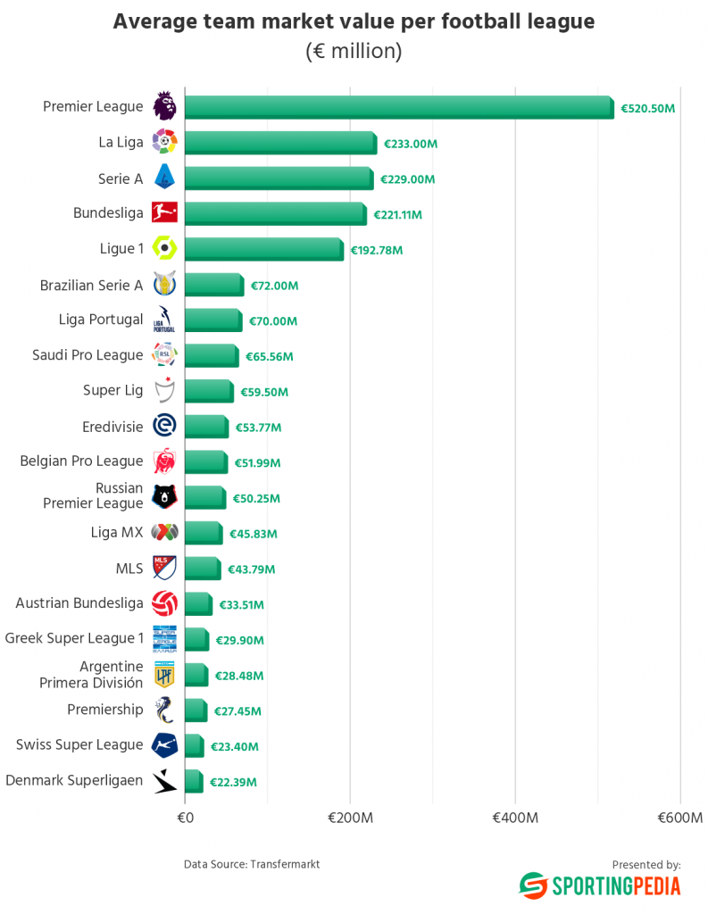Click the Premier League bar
398,108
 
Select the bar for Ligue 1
263,249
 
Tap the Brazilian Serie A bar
213,285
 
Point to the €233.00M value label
411,144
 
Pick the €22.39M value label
233,782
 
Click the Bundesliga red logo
164,212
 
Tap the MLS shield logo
164,568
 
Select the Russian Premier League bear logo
164,496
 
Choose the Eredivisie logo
164,426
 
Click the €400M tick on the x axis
515,818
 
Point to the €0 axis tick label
186,818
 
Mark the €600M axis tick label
680,818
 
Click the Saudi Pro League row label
87,355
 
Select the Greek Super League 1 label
74,638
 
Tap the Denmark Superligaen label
74,780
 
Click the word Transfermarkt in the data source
285,864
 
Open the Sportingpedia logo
600,885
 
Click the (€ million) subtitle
354,52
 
